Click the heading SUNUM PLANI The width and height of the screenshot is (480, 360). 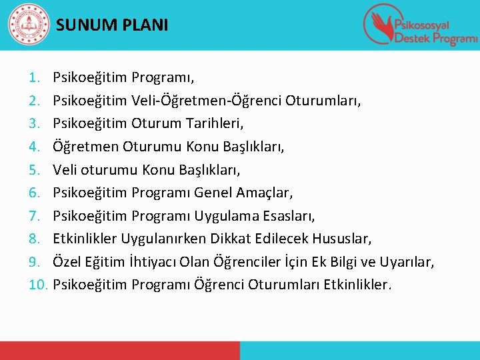point(112,26)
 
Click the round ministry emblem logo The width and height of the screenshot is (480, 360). point(28,25)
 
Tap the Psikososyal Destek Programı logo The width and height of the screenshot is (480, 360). point(419,25)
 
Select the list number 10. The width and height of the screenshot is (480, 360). point(39,285)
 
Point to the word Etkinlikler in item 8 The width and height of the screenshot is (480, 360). point(85,239)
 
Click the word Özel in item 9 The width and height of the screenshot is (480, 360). point(66,262)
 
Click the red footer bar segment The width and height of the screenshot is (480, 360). point(120,351)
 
